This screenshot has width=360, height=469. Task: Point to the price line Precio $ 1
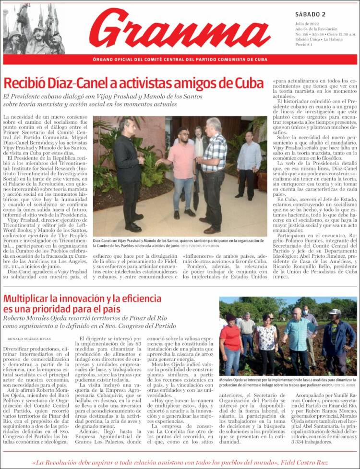click(x=304, y=45)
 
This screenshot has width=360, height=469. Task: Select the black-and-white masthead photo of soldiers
click(x=34, y=29)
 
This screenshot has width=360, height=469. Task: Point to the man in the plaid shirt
click(x=213, y=168)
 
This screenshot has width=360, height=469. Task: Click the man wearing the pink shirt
click(x=181, y=168)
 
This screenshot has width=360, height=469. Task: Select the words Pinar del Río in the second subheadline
click(x=140, y=318)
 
